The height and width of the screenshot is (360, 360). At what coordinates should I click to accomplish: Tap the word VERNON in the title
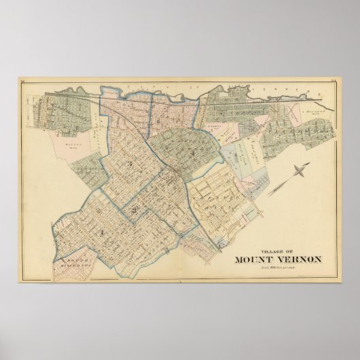point(297,257)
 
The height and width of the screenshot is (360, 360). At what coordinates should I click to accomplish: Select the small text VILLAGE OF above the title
point(275,248)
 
